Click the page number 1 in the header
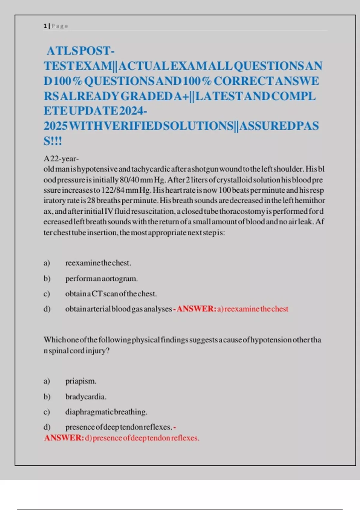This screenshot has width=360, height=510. pyautogui.click(x=45, y=26)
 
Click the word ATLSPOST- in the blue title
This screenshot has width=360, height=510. pyautogui.click(x=80, y=51)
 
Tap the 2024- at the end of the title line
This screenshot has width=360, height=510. pyautogui.click(x=133, y=111)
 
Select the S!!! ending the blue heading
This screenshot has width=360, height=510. pyautogui.click(x=53, y=141)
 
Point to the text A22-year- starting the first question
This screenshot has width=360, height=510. pyautogui.click(x=61, y=159)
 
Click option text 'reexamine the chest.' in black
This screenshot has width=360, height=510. pyautogui.click(x=98, y=263)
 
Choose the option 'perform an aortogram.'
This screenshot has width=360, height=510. pyautogui.click(x=101, y=279)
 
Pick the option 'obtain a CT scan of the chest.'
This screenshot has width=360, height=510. pyautogui.click(x=111, y=294)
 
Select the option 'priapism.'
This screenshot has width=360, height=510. pyautogui.click(x=81, y=381)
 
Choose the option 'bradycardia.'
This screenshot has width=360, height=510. pyautogui.click(x=86, y=397)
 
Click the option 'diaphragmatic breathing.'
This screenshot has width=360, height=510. pyautogui.click(x=106, y=412)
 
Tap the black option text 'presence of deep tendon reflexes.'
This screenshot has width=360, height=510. pyautogui.click(x=118, y=427)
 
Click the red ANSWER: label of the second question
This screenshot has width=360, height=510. pyautogui.click(x=64, y=438)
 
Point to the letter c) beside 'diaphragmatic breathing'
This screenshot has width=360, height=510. pyautogui.click(x=46, y=412)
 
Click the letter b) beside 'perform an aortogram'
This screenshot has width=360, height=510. pyautogui.click(x=47, y=279)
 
